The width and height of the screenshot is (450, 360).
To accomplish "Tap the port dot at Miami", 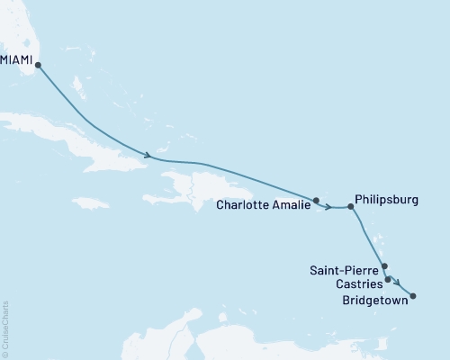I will click(x=38, y=65).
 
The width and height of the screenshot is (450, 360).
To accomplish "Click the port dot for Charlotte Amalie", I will click(x=316, y=200).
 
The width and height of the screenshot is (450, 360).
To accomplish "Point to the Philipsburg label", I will click(x=387, y=200).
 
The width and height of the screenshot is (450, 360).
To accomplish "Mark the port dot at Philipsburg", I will click(x=351, y=206).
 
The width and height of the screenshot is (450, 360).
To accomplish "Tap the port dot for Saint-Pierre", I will click(x=384, y=266).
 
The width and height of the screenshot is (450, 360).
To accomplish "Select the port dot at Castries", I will click(x=388, y=280).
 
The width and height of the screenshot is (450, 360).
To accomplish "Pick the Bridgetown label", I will click(x=374, y=301).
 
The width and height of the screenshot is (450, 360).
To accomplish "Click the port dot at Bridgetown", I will click(x=413, y=295).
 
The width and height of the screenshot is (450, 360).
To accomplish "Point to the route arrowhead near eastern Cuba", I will click(x=146, y=155).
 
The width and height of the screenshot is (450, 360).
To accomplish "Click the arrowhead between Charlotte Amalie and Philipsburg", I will click(x=330, y=208).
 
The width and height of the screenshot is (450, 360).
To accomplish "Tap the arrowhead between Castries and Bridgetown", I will click(x=399, y=286).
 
